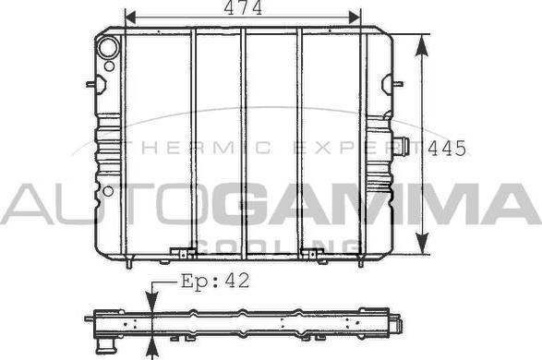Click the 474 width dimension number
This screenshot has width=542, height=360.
pyautogui.click(x=242, y=9)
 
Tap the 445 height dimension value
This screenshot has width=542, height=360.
pyautogui.click(x=448, y=149)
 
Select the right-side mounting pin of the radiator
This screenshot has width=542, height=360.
pyautogui.click(x=399, y=84)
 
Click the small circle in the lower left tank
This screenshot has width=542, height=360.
pyautogui.click(x=108, y=191)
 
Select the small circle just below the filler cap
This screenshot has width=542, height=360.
pyautogui.click(x=109, y=66)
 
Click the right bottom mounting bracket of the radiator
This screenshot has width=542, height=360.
pyautogui.click(x=311, y=250)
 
